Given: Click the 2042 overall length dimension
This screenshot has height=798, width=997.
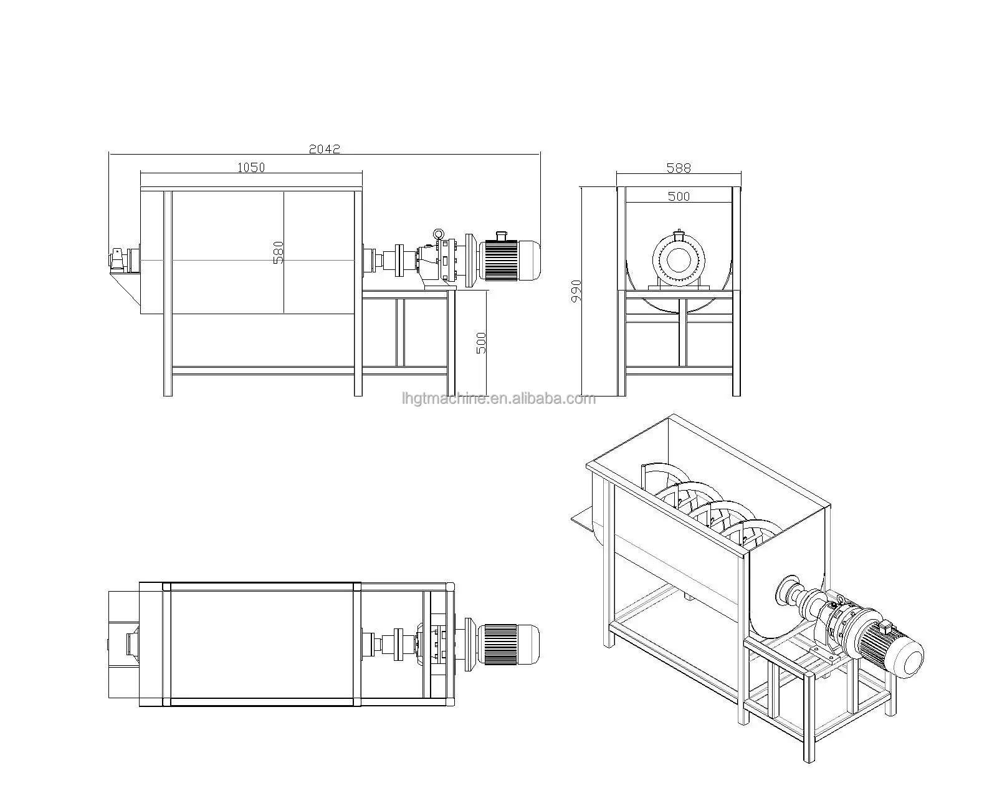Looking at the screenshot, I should pyautogui.click(x=324, y=149).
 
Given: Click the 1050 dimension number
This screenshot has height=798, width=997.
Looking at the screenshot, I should pyautogui.click(x=251, y=167).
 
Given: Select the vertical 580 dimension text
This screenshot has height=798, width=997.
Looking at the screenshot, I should pyautogui.click(x=279, y=252).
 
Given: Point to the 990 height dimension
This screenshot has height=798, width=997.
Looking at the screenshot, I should pyautogui.click(x=576, y=291).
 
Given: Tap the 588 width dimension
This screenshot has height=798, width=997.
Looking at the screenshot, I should pyautogui.click(x=679, y=168).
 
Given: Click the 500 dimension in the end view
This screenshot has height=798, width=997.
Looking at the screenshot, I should pyautogui.click(x=679, y=196).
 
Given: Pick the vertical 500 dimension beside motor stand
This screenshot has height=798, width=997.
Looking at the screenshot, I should pyautogui.click(x=481, y=342).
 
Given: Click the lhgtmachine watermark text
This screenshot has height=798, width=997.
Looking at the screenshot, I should pyautogui.click(x=499, y=399).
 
